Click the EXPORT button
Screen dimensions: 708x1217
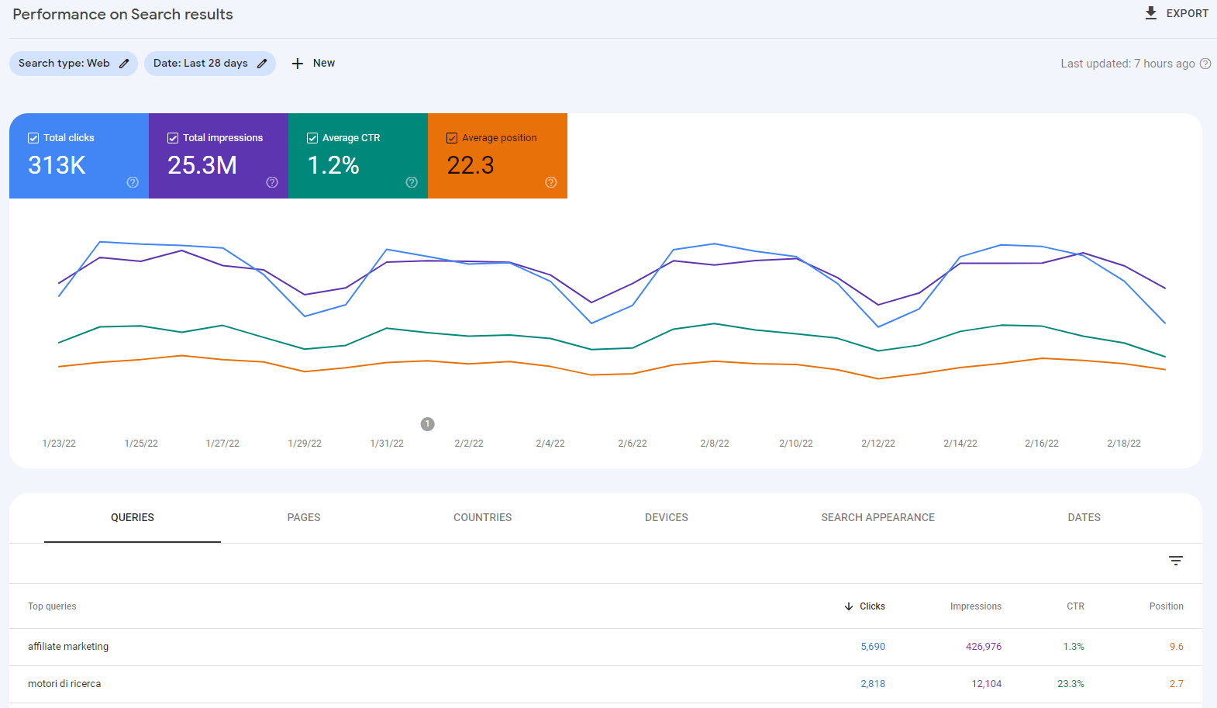(1177, 13)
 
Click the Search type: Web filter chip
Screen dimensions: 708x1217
(73, 64)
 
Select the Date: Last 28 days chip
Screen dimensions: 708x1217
(209, 64)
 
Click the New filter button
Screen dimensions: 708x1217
(313, 64)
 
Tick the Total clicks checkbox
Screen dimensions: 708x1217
(33, 138)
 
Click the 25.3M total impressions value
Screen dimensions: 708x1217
(202, 165)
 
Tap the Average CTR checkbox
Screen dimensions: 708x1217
(312, 138)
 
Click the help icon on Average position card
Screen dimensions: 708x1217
(551, 182)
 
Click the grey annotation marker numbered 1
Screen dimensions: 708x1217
(427, 424)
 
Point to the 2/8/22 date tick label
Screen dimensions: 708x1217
(714, 444)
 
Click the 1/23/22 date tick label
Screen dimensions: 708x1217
(59, 444)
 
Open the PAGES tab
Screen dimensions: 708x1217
(304, 517)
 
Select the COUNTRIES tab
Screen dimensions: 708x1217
(482, 517)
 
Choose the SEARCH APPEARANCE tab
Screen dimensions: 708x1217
(877, 517)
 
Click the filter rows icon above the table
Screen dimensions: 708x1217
(1176, 561)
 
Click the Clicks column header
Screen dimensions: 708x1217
(871, 606)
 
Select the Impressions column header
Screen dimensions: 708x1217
(975, 606)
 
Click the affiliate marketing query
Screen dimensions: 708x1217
(68, 647)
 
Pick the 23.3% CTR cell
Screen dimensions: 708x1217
(1070, 684)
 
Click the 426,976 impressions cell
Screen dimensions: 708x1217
(983, 647)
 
